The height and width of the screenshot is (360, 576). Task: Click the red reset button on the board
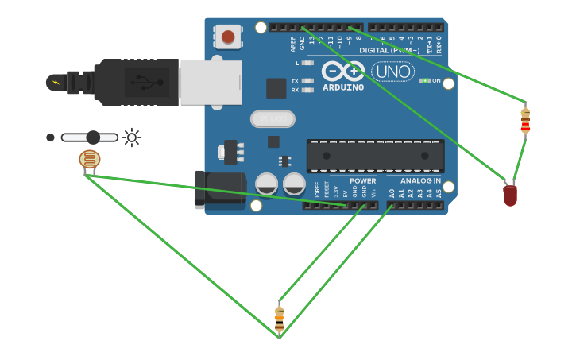[x=228, y=37]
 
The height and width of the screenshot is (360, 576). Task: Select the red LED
[x=510, y=195]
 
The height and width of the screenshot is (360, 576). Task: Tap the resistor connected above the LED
[x=524, y=121]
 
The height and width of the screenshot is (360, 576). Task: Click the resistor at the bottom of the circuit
[x=279, y=318]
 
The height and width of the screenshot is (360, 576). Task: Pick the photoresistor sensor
[x=90, y=160]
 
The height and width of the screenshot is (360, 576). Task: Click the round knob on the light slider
[x=94, y=137]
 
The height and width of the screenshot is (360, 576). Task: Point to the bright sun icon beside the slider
[x=131, y=137]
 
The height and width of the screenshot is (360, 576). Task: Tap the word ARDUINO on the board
[x=343, y=87]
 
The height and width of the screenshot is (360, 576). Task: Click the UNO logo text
[x=392, y=72]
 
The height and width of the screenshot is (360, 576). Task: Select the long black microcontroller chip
[x=375, y=156]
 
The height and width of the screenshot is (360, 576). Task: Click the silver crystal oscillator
[x=273, y=119]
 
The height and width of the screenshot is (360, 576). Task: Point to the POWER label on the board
[x=362, y=180]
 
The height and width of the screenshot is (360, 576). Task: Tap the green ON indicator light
[x=425, y=80]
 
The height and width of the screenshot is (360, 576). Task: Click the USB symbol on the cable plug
[x=141, y=81]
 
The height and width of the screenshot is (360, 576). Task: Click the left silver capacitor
[x=266, y=184]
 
